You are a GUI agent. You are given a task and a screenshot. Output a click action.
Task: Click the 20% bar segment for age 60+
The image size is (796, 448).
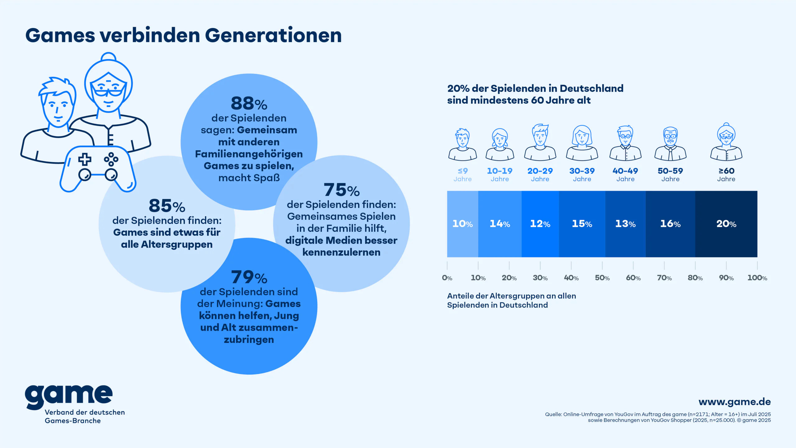click(x=726, y=224)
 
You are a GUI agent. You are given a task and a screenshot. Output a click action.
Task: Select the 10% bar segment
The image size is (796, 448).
click(x=462, y=224)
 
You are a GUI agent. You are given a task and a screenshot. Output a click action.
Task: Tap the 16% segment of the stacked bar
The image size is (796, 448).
click(x=670, y=224)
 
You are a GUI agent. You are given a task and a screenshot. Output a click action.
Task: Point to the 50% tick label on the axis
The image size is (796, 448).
click(x=602, y=278)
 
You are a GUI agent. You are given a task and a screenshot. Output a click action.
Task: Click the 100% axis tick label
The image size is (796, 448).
click(x=757, y=278)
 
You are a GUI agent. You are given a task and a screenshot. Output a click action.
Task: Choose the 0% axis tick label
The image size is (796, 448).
click(x=447, y=278)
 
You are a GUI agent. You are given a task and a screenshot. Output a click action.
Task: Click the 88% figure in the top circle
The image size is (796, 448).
click(x=249, y=103)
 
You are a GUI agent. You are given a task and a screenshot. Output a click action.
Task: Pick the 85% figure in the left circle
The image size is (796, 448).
click(x=167, y=206)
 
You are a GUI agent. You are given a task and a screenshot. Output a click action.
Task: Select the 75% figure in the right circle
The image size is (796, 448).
click(x=341, y=190)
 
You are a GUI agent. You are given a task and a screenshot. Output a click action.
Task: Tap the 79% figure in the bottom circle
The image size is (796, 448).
click(x=249, y=277)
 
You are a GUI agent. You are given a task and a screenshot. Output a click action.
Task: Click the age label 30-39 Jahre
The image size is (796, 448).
click(x=582, y=174)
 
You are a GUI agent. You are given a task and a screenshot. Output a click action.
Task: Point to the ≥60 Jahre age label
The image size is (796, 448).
click(x=726, y=174)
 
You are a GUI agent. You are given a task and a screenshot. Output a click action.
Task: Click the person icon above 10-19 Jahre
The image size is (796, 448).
click(x=500, y=144)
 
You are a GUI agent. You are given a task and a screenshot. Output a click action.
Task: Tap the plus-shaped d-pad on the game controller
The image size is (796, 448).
click(x=85, y=159)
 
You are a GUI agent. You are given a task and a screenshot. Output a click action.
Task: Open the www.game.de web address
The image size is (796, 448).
click(x=734, y=402)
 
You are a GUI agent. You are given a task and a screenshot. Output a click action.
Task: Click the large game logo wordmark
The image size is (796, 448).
click(x=69, y=396)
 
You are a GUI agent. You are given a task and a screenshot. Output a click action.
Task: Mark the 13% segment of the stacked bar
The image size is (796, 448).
click(x=625, y=224)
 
